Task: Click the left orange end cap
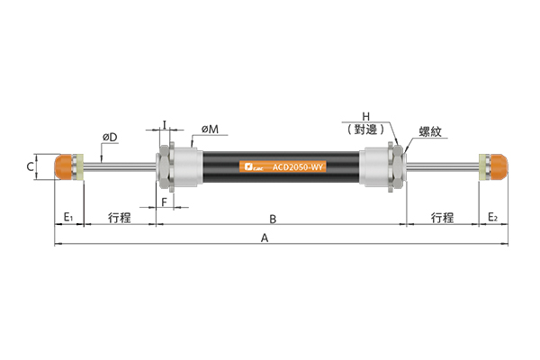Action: [x=63, y=166]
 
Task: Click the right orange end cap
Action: [x=499, y=167]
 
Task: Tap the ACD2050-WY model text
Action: [x=298, y=167]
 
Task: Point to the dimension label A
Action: [x=264, y=238]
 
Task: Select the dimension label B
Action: [x=273, y=219]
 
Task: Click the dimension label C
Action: [x=31, y=166]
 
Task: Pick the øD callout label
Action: [x=110, y=138]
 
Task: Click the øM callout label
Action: [x=210, y=130]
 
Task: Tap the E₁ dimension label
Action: [x=68, y=217]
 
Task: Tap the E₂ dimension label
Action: [x=493, y=217]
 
